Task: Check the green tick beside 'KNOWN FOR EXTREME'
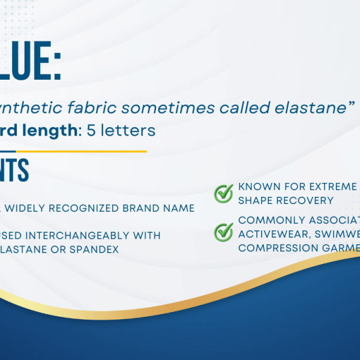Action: (x=224, y=193)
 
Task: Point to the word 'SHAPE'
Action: (x=256, y=200)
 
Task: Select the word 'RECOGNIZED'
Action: (x=91, y=208)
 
